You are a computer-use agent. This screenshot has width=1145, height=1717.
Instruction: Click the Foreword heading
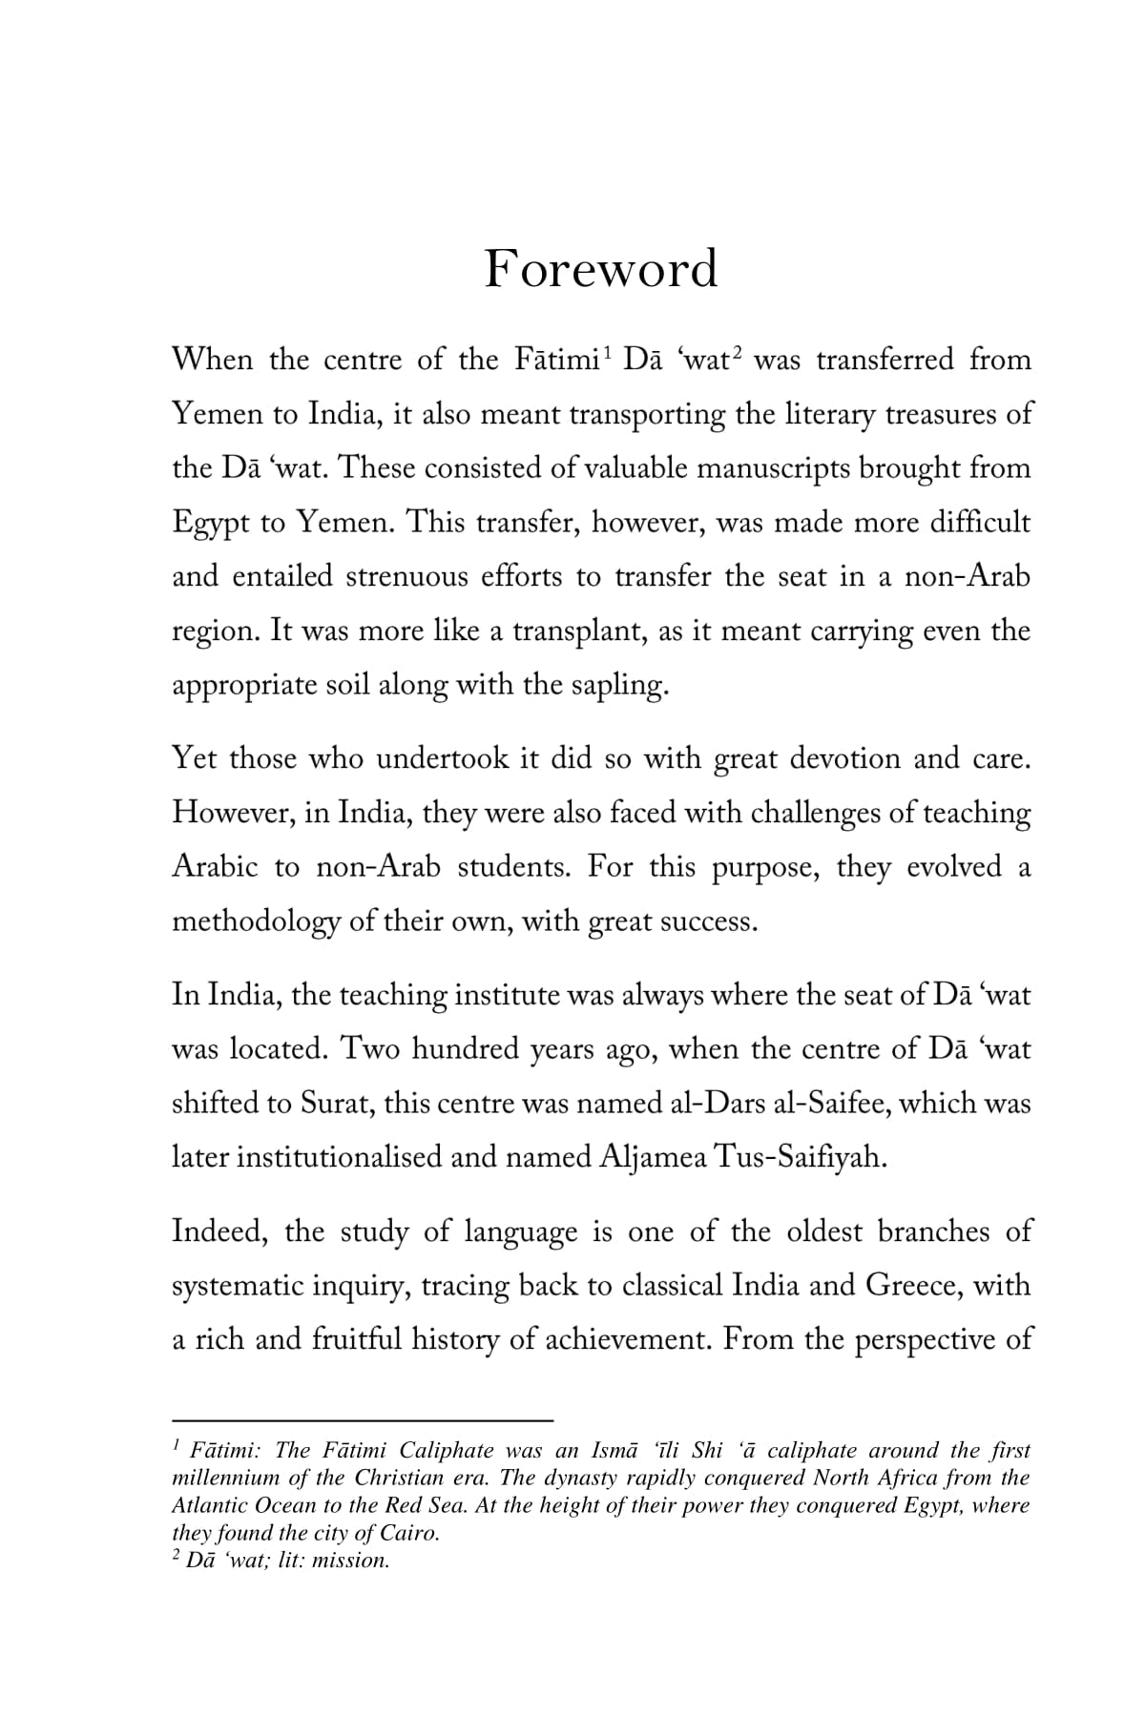pyautogui.click(x=600, y=269)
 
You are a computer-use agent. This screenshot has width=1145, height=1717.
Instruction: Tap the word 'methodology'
pyautogui.click(x=256, y=922)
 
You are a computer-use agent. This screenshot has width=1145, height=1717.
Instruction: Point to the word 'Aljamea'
pyautogui.click(x=654, y=1158)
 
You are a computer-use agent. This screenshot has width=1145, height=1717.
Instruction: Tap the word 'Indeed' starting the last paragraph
pyautogui.click(x=219, y=1231)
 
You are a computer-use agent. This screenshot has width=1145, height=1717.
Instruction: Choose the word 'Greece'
pyautogui.click(x=914, y=1286)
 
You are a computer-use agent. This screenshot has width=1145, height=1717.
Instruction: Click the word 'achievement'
pyautogui.click(x=621, y=1340)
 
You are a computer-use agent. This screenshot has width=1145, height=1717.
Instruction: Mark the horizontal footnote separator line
pyautogui.click(x=363, y=1418)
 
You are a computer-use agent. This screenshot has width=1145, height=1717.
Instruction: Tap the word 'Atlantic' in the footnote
pyautogui.click(x=205, y=1506)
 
